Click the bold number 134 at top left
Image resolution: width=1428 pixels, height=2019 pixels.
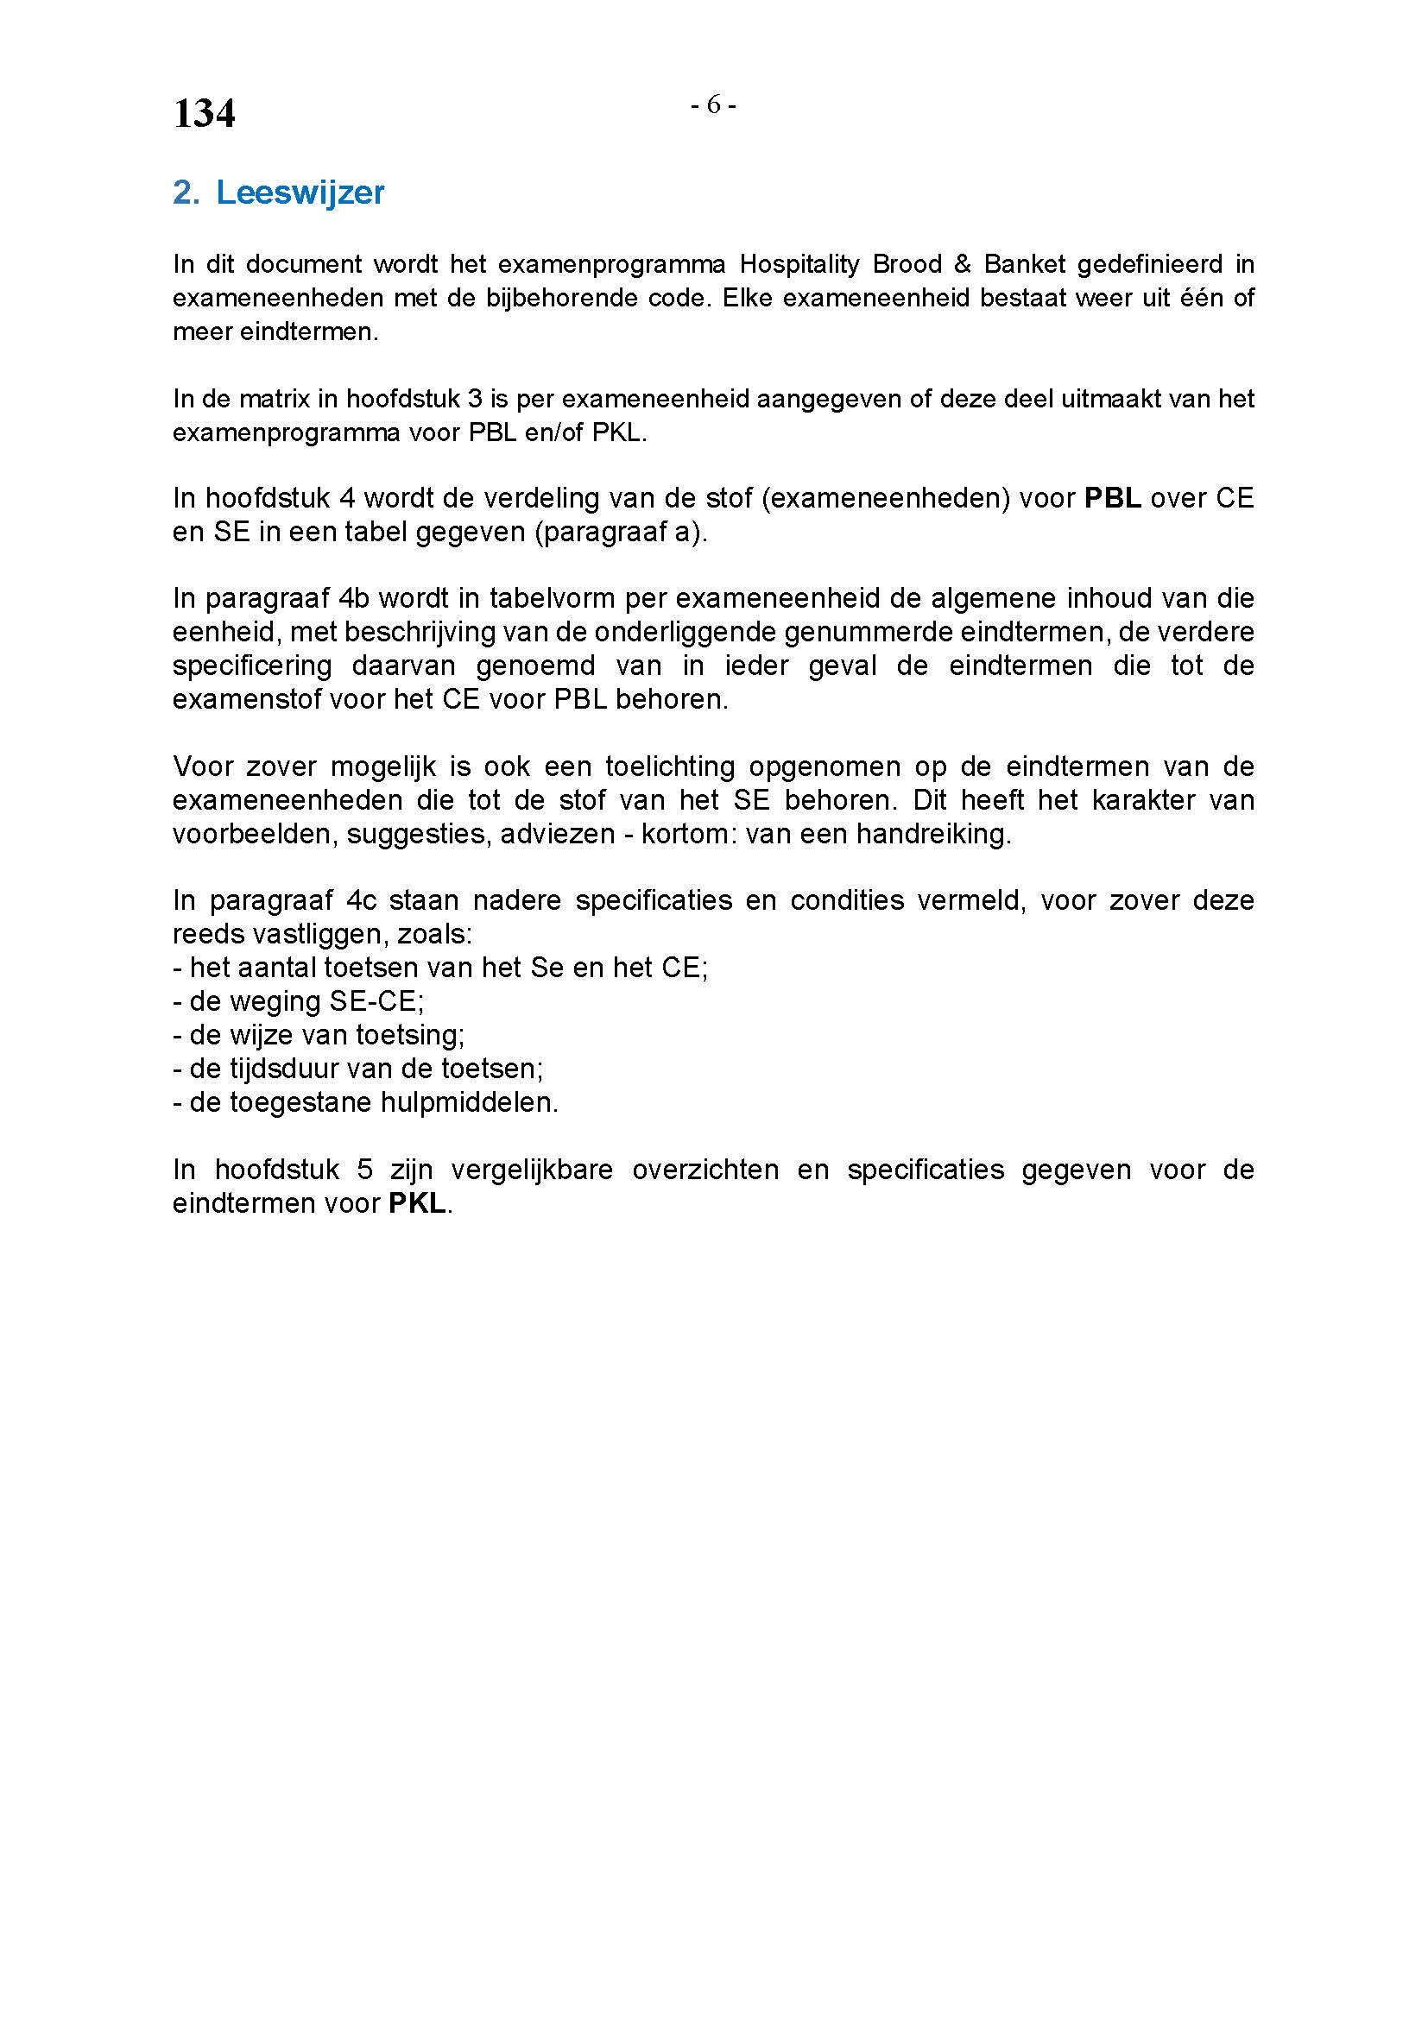(204, 113)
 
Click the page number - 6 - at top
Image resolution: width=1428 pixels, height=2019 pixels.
(713, 104)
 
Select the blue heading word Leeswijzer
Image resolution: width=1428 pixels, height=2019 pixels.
(300, 192)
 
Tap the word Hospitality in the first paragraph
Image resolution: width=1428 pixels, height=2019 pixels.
(799, 264)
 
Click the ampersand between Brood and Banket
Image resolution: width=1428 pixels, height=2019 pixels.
(962, 264)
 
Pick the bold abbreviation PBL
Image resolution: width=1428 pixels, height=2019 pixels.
(1112, 499)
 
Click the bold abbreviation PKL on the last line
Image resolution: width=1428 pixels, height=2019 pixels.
(417, 1203)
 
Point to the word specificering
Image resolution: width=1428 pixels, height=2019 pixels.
(252, 666)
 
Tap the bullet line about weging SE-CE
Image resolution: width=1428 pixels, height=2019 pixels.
(299, 1001)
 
